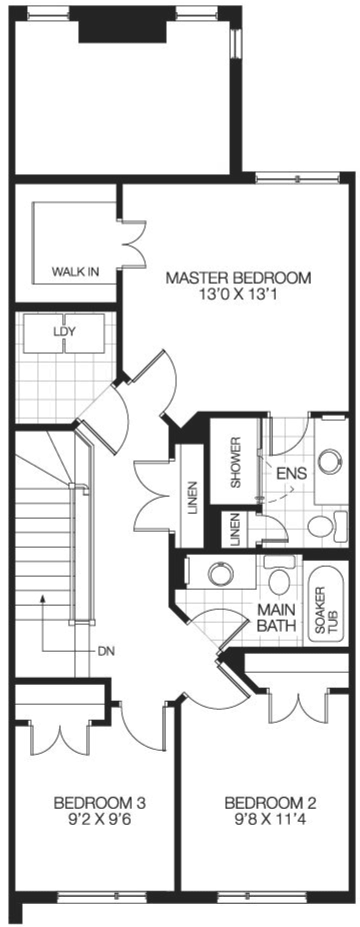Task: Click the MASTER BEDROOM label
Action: pos(238,277)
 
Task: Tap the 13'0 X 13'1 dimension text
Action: pos(238,293)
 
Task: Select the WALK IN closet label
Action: pos(75,272)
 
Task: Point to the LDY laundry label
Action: pos(64,331)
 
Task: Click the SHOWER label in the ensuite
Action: pos(235,462)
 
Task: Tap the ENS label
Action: pos(291,472)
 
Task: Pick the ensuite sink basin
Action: pos(331,461)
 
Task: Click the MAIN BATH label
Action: pos(276,617)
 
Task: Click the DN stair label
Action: pos(106,651)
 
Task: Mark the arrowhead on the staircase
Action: pos(43,597)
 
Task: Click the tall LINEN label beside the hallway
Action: pos(192,497)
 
